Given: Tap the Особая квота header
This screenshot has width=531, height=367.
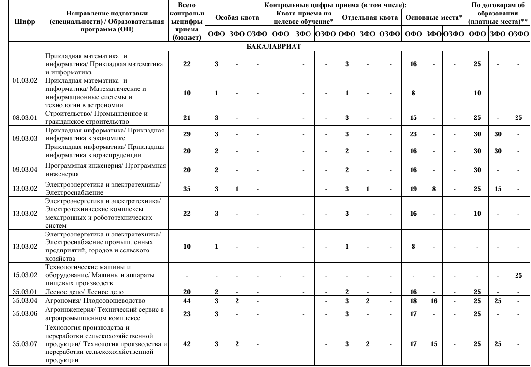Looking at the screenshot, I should coord(236,17).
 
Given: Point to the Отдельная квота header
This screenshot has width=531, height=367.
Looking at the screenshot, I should coord(369,17).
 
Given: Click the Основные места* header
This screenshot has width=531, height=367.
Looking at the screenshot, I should coord(433,17).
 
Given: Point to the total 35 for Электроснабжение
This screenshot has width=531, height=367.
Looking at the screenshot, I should coord(187,189).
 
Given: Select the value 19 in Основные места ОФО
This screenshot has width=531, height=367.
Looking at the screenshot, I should coord(413,189).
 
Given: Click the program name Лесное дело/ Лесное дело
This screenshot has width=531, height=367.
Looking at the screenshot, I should coord(85,292).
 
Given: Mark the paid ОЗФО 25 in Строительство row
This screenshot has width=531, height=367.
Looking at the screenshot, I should coord(518,117).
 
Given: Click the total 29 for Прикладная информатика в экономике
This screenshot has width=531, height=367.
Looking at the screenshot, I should coord(187,134).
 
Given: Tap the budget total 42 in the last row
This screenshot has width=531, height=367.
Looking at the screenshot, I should coord(187,344).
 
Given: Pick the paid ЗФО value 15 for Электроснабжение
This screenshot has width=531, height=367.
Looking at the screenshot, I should coord(498,189).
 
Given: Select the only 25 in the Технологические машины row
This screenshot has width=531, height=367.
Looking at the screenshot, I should coord(518,275).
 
